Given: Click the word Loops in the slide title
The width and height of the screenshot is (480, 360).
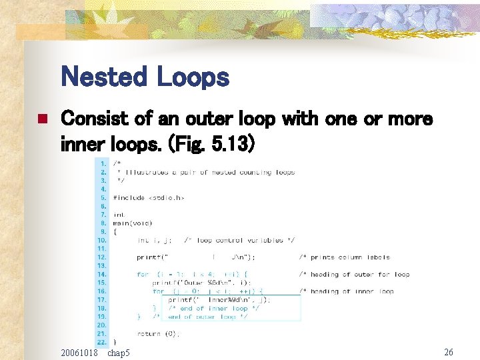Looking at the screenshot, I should coord(193,77).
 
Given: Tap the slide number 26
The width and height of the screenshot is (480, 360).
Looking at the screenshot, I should coord(449,351).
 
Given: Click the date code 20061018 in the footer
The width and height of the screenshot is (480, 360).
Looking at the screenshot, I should coord(79,351).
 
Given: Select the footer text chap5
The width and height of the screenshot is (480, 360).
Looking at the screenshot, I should coord(119,351).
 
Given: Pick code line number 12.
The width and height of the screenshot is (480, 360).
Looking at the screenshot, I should coord(101,257).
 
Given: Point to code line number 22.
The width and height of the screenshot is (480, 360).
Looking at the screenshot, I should coord(101,342).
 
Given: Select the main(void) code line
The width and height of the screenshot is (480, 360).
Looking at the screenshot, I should coord(133,223).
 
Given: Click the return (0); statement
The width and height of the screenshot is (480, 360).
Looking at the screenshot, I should coord(159,334).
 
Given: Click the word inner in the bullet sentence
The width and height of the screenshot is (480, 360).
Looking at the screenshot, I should coord(83,143).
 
